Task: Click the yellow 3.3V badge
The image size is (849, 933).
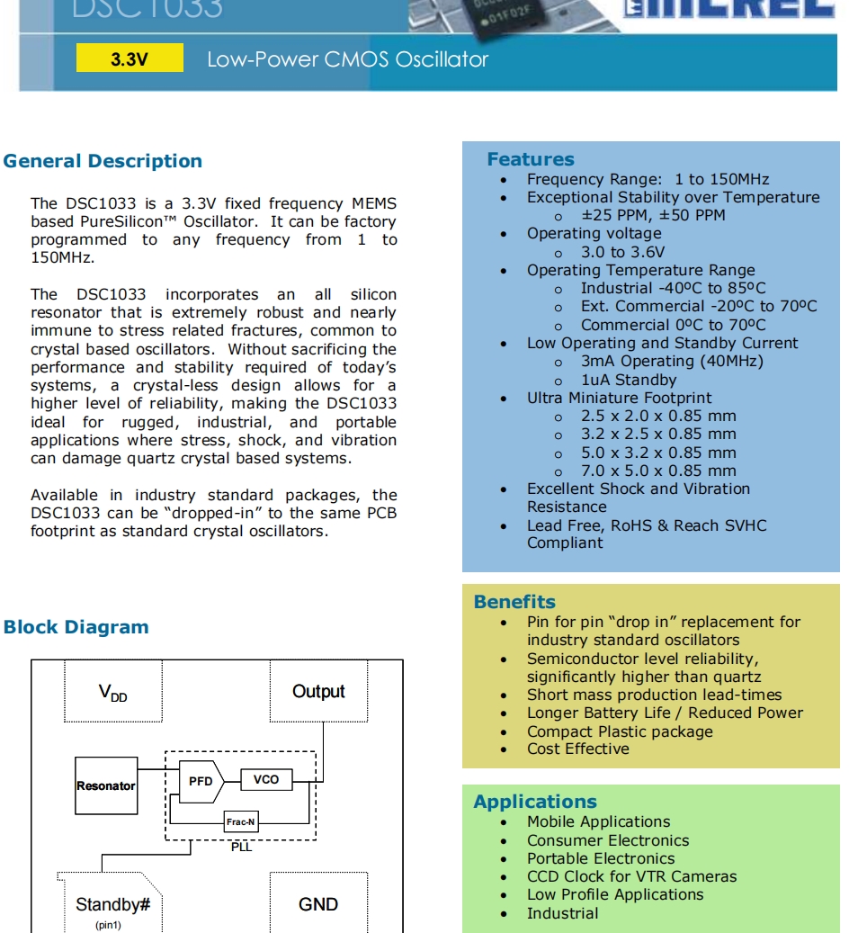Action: click(130, 60)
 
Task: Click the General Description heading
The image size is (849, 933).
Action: click(103, 162)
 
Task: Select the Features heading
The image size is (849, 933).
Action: click(531, 159)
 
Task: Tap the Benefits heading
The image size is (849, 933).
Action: click(514, 602)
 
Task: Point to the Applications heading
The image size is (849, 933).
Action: click(535, 802)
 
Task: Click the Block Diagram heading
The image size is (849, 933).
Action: click(76, 627)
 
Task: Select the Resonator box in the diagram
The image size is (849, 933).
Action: click(106, 785)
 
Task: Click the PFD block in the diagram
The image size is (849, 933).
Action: click(201, 781)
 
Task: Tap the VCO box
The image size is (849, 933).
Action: click(266, 780)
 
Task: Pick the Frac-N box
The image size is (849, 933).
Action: click(241, 822)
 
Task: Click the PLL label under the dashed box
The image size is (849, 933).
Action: click(241, 848)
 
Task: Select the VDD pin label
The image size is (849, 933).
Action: click(113, 693)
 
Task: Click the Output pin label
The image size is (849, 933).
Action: click(318, 692)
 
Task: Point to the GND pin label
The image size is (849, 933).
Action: click(318, 904)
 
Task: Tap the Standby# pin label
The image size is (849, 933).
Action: click(112, 904)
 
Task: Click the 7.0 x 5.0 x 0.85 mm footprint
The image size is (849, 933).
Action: click(658, 471)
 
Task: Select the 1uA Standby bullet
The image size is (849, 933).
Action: click(629, 380)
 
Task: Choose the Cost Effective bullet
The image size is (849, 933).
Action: click(578, 749)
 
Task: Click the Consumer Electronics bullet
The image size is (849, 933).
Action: click(608, 840)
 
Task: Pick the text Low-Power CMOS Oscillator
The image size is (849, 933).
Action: click(347, 60)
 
